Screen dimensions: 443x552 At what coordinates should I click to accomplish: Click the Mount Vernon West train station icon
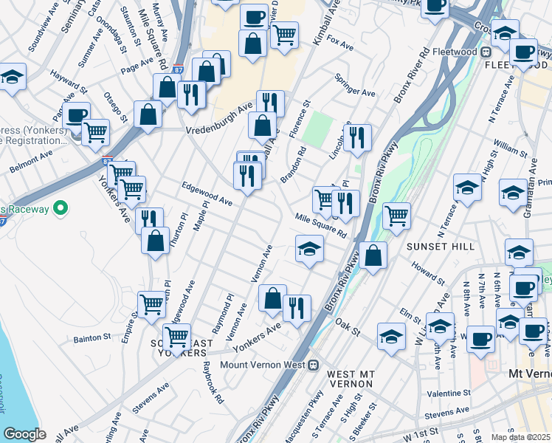pyautogui.click(x=313, y=364)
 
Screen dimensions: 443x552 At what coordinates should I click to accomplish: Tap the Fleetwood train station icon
pyautogui.click(x=486, y=52)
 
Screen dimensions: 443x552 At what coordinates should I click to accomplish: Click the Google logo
pyautogui.click(x=24, y=434)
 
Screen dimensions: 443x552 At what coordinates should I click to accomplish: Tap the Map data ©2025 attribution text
pyautogui.click(x=521, y=437)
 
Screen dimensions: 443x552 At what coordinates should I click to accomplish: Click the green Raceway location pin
pyautogui.click(x=61, y=208)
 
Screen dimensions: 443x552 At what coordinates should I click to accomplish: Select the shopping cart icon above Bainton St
pyautogui.click(x=151, y=303)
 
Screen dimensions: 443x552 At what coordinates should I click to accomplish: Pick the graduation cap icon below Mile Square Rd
pyautogui.click(x=309, y=248)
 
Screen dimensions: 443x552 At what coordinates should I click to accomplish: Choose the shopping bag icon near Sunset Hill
pyautogui.click(x=374, y=255)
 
